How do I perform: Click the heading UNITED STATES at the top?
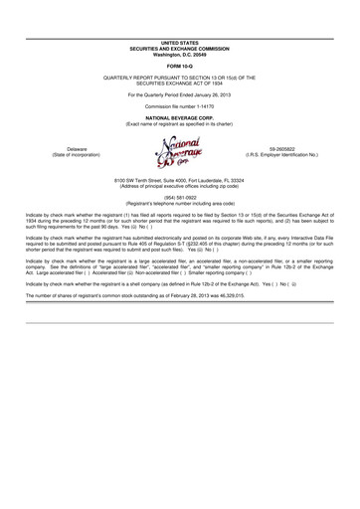[x=180, y=44]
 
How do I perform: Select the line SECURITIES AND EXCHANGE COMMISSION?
[x=180, y=49]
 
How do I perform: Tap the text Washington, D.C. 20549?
[x=180, y=54]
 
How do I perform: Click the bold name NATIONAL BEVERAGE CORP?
[x=180, y=116]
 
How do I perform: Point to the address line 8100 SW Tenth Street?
[x=180, y=178]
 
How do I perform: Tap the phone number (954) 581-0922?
[x=180, y=196]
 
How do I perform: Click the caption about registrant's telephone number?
[x=180, y=202]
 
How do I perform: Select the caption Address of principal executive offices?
[x=180, y=184]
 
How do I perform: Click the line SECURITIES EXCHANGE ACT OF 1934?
[x=180, y=85]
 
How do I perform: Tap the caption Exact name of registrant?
[x=180, y=122]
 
